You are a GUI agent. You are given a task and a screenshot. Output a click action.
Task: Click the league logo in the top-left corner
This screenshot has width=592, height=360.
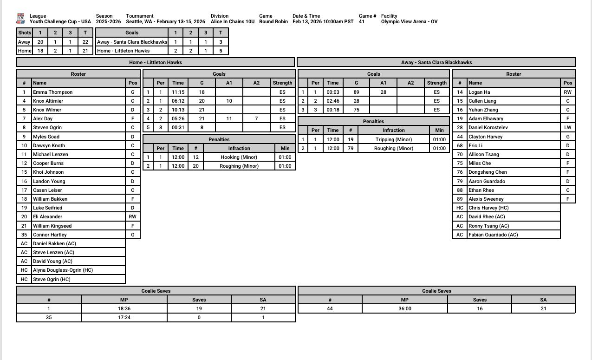(x=20, y=19)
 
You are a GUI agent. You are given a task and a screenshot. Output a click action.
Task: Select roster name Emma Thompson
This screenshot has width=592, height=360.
(x=52, y=92)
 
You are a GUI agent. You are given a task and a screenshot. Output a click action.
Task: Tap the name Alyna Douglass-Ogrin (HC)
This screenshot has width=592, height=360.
(x=63, y=270)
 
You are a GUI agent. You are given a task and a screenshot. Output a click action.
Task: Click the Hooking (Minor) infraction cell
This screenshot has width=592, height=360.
(x=239, y=157)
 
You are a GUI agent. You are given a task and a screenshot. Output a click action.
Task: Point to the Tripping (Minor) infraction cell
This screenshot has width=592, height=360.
(x=394, y=139)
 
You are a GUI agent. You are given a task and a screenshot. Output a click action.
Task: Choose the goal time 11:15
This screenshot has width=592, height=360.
(x=178, y=92)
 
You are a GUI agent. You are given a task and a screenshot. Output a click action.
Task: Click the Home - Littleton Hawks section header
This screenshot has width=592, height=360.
(x=156, y=62)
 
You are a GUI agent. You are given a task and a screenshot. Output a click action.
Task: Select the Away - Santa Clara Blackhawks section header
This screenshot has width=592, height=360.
(x=436, y=62)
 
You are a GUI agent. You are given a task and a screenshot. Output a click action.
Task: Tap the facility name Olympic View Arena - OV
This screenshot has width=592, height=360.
(x=409, y=21)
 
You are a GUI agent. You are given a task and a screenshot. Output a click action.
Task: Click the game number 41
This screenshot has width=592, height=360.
(x=362, y=21)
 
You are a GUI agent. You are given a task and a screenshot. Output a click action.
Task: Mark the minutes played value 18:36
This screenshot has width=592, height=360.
(x=124, y=308)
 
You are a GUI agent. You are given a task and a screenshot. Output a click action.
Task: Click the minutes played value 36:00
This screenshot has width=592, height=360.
(x=404, y=308)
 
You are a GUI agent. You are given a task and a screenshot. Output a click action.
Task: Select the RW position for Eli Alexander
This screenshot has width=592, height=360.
(x=133, y=216)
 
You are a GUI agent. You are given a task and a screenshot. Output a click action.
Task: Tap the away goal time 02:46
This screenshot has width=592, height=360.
(x=332, y=101)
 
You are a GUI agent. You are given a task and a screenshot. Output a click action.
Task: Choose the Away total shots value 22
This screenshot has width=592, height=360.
(x=85, y=42)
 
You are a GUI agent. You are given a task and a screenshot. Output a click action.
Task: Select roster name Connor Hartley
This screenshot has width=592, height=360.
(x=50, y=235)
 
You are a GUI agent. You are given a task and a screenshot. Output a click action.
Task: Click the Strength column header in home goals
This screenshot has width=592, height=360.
(x=282, y=83)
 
